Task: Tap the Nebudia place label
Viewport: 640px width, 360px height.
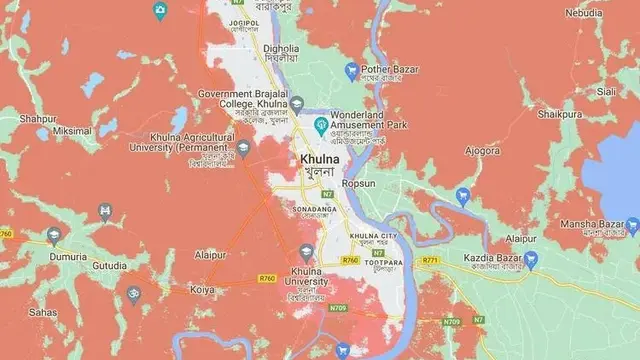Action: (584, 13)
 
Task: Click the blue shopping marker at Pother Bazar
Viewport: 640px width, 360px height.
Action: (351, 71)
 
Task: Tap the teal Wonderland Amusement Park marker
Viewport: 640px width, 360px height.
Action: (320, 125)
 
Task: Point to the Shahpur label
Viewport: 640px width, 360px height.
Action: (38, 117)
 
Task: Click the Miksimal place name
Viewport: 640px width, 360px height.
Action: (73, 131)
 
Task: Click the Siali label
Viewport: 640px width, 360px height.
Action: (606, 91)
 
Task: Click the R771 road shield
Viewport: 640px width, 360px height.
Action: (431, 260)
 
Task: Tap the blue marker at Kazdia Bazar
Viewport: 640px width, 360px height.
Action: (531, 260)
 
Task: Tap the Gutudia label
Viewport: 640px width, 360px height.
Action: (109, 266)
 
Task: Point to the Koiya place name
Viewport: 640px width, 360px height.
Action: (202, 289)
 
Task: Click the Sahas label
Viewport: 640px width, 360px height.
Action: (42, 312)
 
